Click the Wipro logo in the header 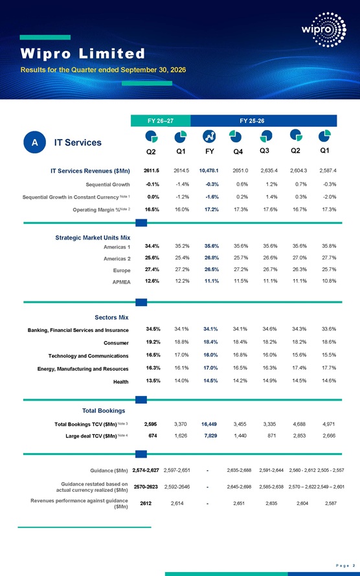(324, 29)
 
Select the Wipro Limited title (83, 54)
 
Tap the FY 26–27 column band (161, 121)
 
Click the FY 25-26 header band (264, 121)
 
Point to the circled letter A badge (34, 142)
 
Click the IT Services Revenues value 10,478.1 (208, 170)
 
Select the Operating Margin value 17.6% (270, 210)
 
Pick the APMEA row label (121, 282)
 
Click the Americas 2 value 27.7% (329, 258)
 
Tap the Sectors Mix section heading (111, 317)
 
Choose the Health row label (120, 382)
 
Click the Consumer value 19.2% (153, 342)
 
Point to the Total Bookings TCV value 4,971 (328, 424)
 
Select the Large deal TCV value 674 (152, 436)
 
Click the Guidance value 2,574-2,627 (146, 471)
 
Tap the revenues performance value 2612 (146, 504)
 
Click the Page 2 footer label (345, 566)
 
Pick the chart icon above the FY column (209, 137)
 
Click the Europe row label (122, 271)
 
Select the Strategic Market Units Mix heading (93, 238)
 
